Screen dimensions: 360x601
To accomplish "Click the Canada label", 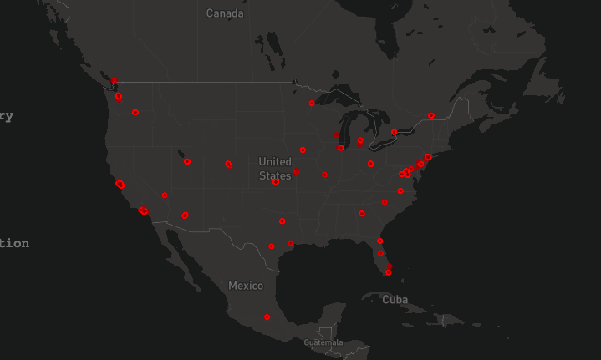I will pyautogui.click(x=225, y=13).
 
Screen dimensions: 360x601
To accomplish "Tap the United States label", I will pyautogui.click(x=275, y=168).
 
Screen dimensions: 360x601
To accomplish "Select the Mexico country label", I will pyautogui.click(x=246, y=286).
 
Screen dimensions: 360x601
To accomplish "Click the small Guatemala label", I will pyautogui.click(x=323, y=342).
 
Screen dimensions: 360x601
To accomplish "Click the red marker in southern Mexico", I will pyautogui.click(x=267, y=317).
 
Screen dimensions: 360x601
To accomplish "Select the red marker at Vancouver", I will pyautogui.click(x=114, y=80).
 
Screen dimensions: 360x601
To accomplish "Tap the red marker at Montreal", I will pyautogui.click(x=431, y=115).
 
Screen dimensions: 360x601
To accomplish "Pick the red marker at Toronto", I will pyautogui.click(x=394, y=132).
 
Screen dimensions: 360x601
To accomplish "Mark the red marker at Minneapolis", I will pyautogui.click(x=312, y=104).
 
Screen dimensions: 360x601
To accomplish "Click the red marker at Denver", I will pyautogui.click(x=228, y=164).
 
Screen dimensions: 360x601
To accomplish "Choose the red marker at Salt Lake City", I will pyautogui.click(x=186, y=161).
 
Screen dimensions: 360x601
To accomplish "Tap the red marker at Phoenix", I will pyautogui.click(x=185, y=215).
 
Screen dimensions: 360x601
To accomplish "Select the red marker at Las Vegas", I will pyautogui.click(x=165, y=195).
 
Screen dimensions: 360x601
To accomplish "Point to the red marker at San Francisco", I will pyautogui.click(x=120, y=184).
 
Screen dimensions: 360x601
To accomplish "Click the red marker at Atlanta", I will pyautogui.click(x=362, y=213).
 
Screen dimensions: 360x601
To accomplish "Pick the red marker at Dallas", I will pyautogui.click(x=283, y=221).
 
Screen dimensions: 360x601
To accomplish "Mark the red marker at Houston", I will pyautogui.click(x=290, y=243).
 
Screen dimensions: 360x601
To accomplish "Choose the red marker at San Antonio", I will pyautogui.click(x=271, y=246).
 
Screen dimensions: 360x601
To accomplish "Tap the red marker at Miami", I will pyautogui.click(x=388, y=272).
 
